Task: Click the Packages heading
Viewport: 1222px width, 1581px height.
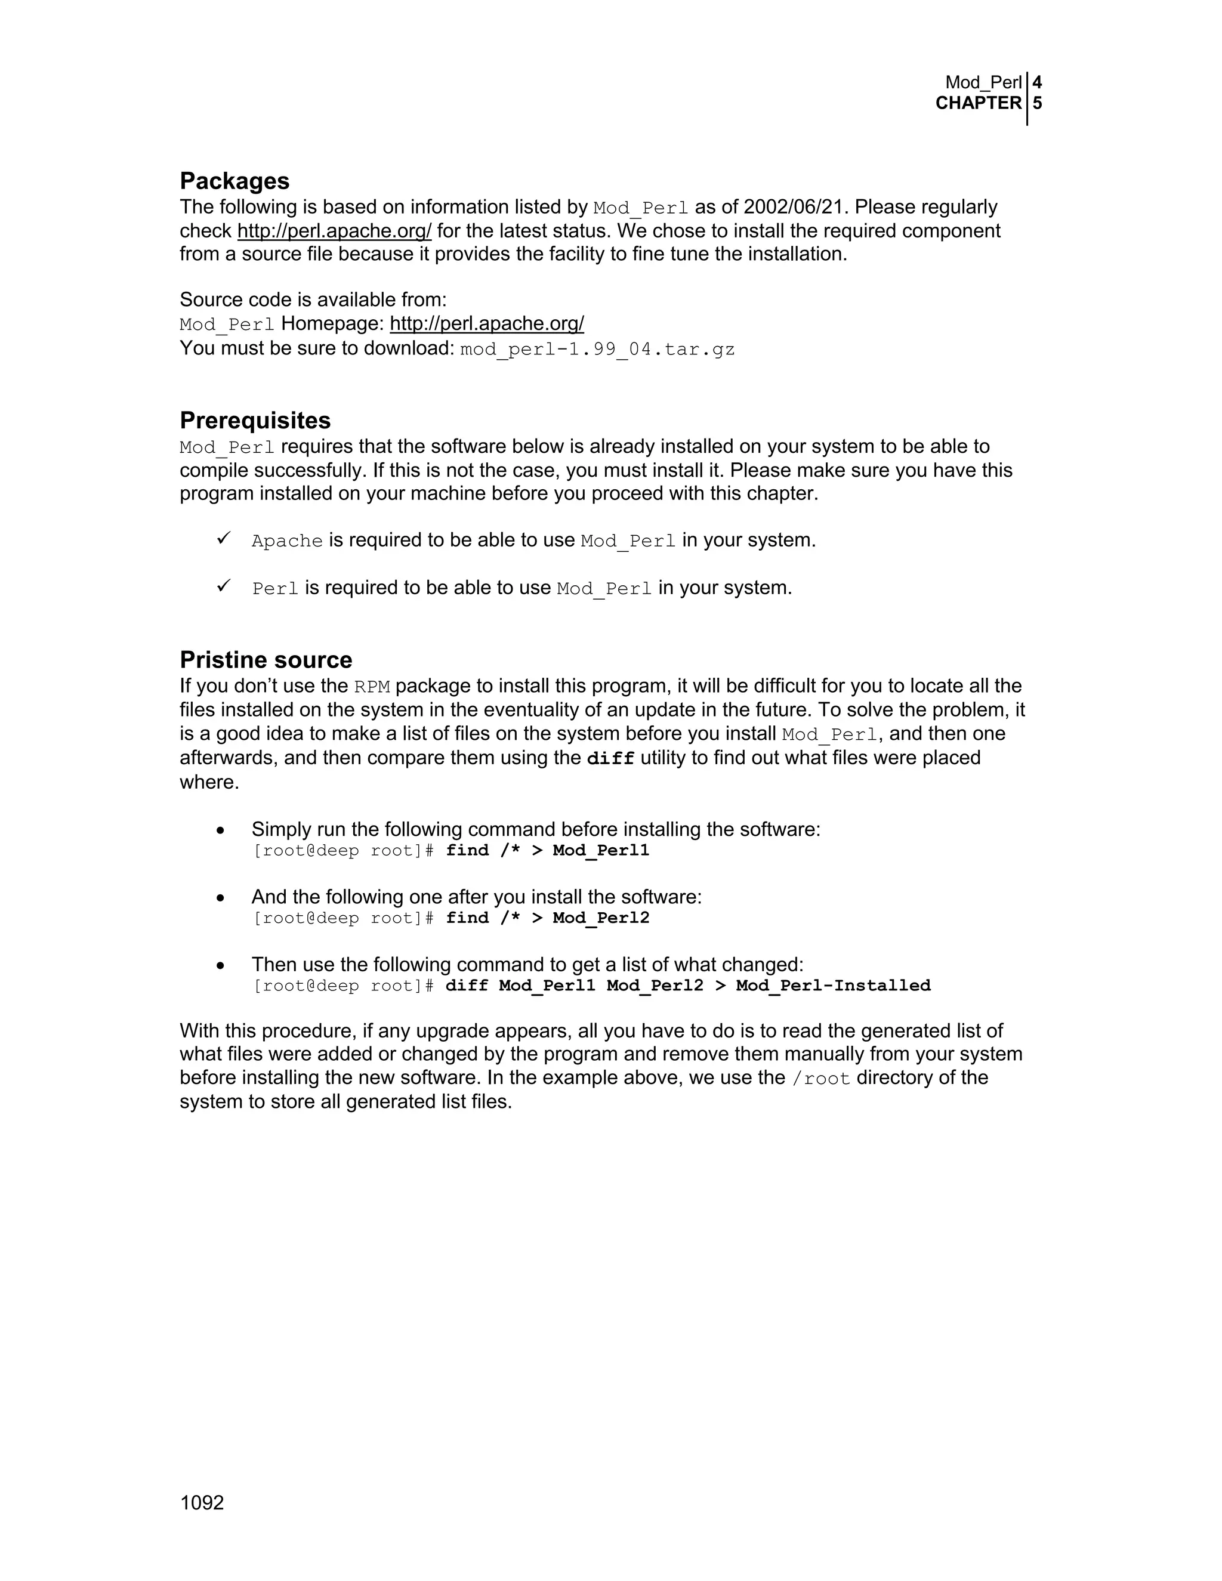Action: [234, 181]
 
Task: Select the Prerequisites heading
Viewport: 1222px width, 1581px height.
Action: [255, 421]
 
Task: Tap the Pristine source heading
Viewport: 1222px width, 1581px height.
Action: [266, 660]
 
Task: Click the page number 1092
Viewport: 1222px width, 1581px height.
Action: [202, 1503]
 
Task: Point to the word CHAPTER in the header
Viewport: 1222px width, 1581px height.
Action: [978, 104]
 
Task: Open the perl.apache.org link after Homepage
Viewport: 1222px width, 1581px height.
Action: [486, 323]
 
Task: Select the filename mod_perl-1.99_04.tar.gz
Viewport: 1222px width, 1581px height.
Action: [597, 350]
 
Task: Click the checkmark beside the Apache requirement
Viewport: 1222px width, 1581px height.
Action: [223, 539]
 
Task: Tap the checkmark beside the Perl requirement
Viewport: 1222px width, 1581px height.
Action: [223, 586]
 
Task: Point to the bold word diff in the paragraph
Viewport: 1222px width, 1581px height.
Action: [610, 759]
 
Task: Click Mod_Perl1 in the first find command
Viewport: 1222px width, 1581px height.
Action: [601, 851]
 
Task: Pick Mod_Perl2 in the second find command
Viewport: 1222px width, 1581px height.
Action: [601, 919]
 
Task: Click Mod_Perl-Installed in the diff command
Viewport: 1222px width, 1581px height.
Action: [832, 986]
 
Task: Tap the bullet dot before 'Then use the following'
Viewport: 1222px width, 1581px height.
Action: [221, 966]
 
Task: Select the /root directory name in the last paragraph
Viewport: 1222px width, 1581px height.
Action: [821, 1079]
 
